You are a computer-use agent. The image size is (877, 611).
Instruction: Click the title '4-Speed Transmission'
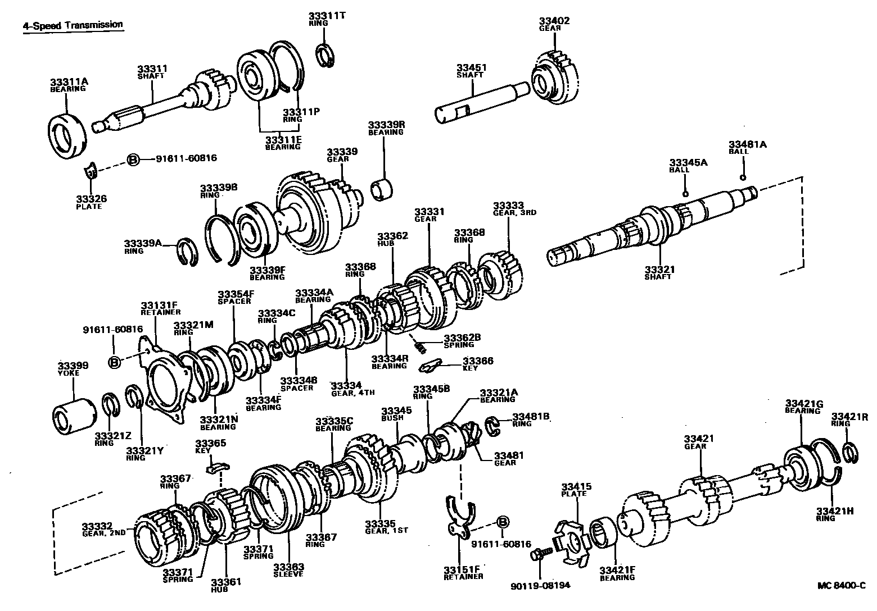[x=73, y=25]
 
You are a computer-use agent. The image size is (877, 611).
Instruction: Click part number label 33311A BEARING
[x=68, y=85]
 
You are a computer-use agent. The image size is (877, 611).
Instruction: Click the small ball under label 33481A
[x=744, y=177]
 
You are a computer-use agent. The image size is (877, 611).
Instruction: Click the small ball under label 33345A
[x=685, y=194]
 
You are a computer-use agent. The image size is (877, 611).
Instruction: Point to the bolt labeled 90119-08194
[x=537, y=555]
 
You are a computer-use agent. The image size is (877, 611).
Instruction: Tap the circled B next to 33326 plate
[x=133, y=160]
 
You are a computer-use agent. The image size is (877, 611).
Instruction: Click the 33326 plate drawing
[x=91, y=172]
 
